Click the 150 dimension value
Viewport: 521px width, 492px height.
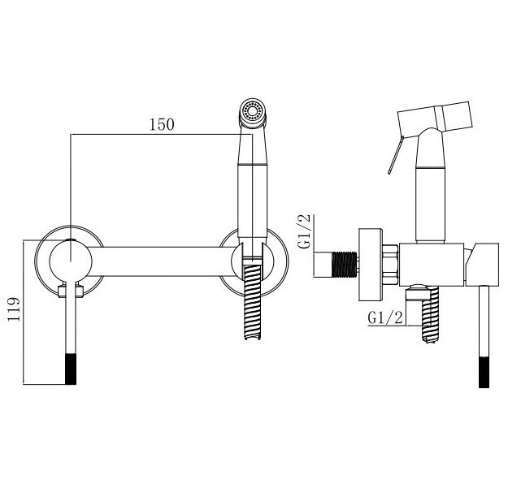click(162, 124)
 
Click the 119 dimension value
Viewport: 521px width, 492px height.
click(14, 309)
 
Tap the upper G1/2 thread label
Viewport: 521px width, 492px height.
click(304, 231)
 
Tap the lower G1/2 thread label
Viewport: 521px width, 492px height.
click(385, 317)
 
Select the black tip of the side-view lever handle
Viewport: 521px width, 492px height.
click(484, 372)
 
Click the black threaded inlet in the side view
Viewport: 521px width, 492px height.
click(345, 265)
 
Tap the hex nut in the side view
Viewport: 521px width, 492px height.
click(390, 265)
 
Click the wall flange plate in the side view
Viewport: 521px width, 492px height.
click(371, 265)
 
